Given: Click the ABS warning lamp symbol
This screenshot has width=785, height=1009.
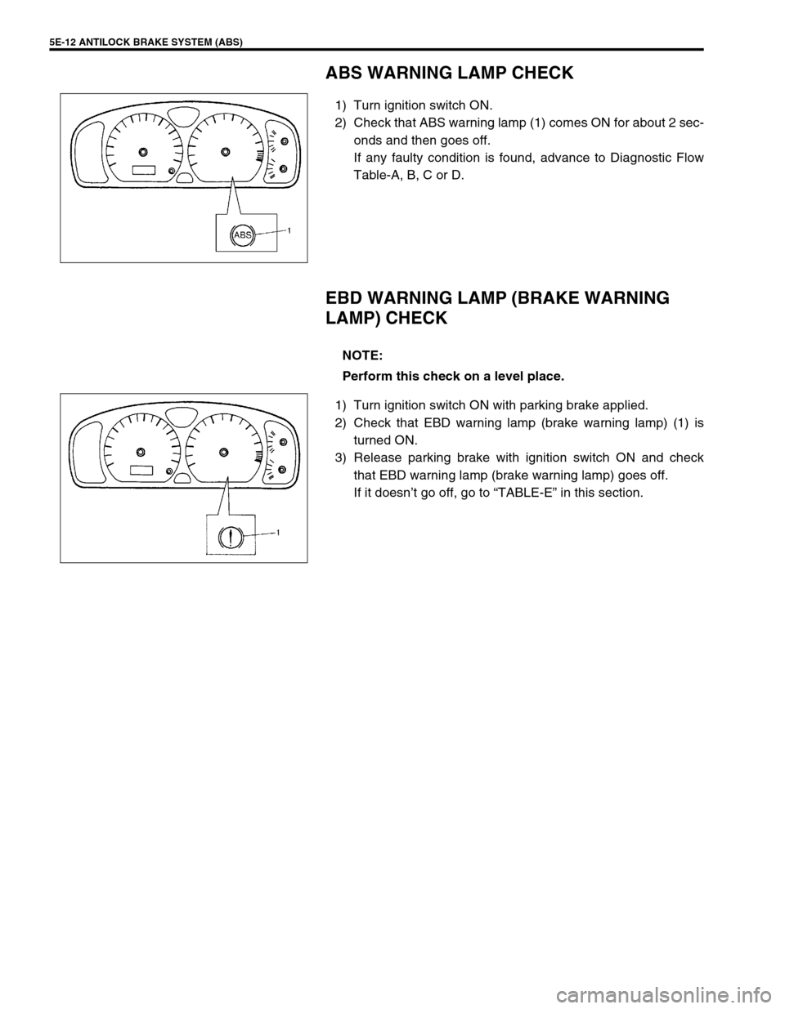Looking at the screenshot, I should [243, 235].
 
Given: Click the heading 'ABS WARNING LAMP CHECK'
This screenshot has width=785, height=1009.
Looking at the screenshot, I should [450, 74].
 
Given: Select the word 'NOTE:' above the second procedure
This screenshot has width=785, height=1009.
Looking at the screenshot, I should [362, 355].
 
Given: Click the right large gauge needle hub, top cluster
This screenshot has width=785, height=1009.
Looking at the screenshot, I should [224, 151].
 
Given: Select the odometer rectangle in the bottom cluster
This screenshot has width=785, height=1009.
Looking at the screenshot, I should [141, 471].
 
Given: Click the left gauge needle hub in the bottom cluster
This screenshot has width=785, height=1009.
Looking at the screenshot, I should [141, 452].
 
